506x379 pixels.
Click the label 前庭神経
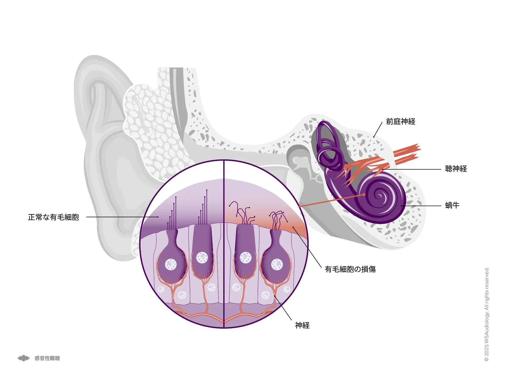click(x=401, y=122)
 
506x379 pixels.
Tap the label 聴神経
click(x=456, y=169)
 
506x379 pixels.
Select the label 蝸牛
click(x=452, y=205)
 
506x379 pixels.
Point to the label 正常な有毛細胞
click(x=53, y=217)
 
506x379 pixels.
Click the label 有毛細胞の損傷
click(x=350, y=269)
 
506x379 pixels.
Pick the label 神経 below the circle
click(x=302, y=325)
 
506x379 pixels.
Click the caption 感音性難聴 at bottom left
click(x=47, y=358)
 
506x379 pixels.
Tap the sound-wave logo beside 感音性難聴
click(x=24, y=358)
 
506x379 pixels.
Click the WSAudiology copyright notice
click(x=487, y=314)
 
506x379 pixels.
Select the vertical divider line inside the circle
click(x=224, y=244)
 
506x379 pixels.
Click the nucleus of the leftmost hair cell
click(x=171, y=264)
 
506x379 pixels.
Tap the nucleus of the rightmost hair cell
click(x=277, y=264)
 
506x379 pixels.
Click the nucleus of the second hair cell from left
click(x=202, y=258)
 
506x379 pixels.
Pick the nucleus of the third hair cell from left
click(x=245, y=258)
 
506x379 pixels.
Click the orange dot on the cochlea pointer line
click(x=364, y=195)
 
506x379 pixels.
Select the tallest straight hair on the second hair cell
click(x=207, y=207)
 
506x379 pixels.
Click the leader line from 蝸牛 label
click(x=421, y=206)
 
